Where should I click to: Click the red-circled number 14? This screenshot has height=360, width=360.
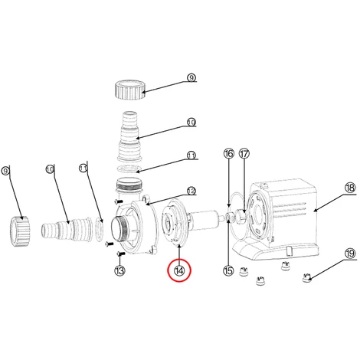[179, 270]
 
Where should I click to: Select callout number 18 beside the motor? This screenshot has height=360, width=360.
[350, 188]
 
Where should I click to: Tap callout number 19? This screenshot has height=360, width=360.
[350, 254]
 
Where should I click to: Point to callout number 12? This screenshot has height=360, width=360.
[191, 191]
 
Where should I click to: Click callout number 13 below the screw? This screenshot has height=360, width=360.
[119, 270]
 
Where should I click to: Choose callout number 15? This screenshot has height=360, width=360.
[228, 270]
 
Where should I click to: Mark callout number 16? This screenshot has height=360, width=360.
[229, 154]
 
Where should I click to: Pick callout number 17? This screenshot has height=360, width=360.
[244, 154]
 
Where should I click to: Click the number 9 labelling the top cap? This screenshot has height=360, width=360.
[191, 77]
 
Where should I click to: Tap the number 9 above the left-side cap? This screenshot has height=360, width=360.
[6, 171]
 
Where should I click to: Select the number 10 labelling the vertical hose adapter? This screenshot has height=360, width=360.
[191, 123]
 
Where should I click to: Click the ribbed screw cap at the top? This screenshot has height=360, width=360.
[129, 90]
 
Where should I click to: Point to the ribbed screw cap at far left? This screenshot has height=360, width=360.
[21, 231]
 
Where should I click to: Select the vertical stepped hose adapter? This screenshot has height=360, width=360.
[129, 136]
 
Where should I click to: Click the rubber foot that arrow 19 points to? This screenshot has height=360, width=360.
[306, 278]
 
